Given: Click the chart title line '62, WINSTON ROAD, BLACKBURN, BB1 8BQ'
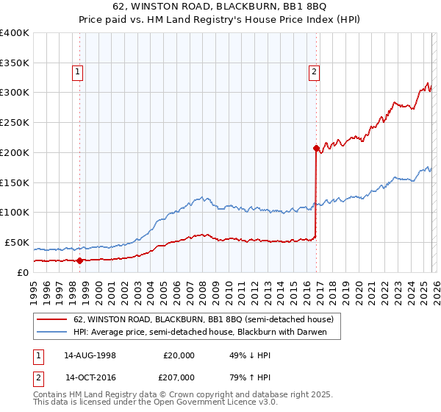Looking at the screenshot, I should point(220,8).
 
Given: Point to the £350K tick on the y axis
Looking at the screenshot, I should point(15,63).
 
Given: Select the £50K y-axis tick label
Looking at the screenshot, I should point(17,242).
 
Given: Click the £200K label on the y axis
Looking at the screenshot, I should point(15,152).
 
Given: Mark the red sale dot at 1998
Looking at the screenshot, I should point(80,260).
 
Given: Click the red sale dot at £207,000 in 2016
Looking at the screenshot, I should point(315,148).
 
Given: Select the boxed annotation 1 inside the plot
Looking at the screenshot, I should point(77,72).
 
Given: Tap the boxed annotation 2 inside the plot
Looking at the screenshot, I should point(314,72).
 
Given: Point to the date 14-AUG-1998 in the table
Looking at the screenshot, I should point(90,355).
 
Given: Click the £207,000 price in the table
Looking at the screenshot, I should point(179,377).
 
